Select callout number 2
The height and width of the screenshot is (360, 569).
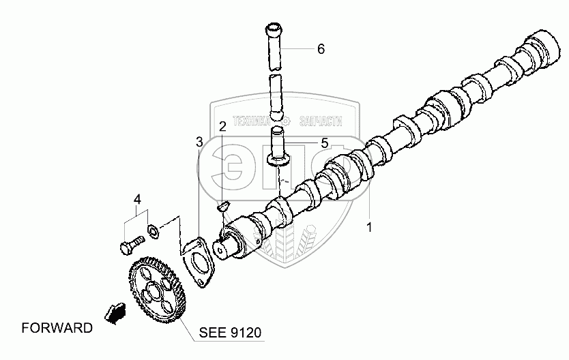tap(222, 126)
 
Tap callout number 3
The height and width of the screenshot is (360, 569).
tap(199, 142)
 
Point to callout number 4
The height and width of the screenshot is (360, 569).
tap(137, 200)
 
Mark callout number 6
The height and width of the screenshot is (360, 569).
tap(320, 49)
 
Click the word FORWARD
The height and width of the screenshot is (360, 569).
tap(57, 328)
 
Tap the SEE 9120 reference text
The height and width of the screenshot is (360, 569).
tap(230, 333)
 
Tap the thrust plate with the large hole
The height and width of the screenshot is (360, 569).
tap(199, 261)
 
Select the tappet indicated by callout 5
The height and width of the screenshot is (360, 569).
tap(277, 147)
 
